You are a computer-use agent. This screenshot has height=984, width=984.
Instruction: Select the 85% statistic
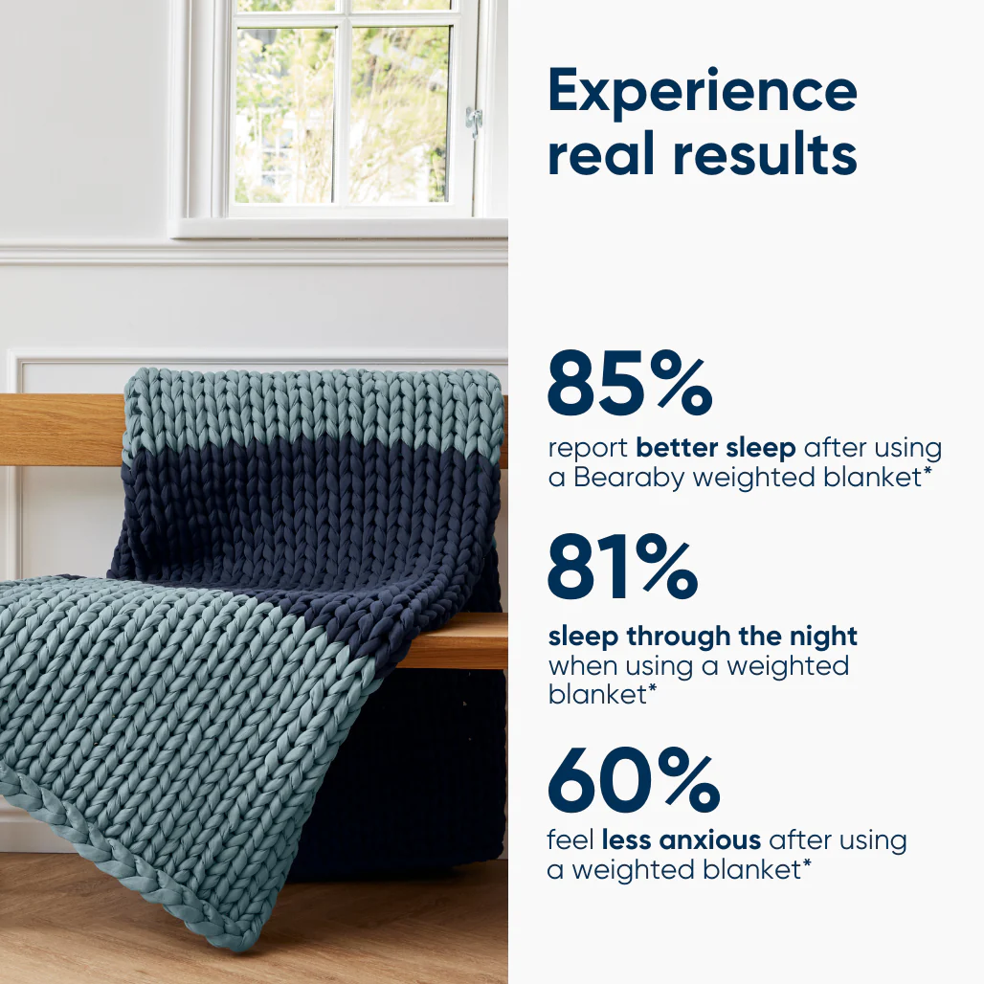coord(629,384)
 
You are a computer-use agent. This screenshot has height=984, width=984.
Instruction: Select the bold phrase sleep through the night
coord(702,636)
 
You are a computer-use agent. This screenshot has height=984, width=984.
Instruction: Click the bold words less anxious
coord(682,840)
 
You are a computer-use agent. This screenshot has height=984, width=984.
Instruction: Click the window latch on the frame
coord(473,121)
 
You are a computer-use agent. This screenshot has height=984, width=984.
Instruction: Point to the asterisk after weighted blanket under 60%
coord(806,863)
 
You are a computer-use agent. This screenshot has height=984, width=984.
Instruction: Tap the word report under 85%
coord(587,449)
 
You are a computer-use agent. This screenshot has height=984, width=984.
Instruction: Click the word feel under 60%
coord(570,840)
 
